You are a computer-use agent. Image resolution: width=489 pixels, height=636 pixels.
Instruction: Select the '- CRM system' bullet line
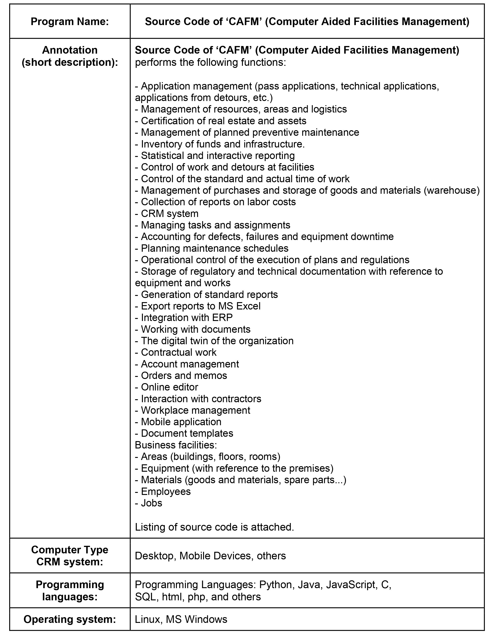[x=167, y=214]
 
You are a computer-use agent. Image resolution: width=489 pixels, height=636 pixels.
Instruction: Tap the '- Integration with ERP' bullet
[x=184, y=317]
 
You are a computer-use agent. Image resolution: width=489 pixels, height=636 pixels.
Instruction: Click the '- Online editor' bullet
[x=167, y=387]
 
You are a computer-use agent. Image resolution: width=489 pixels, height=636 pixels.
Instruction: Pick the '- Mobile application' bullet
[x=178, y=422]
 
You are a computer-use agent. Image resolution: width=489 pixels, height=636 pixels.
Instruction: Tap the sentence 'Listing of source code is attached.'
[x=214, y=527]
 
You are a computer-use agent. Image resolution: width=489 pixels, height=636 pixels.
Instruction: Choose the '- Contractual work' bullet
[x=175, y=352]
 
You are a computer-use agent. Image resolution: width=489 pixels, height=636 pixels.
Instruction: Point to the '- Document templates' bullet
[x=184, y=433]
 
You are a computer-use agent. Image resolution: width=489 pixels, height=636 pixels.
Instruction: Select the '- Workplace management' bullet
[x=192, y=410]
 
